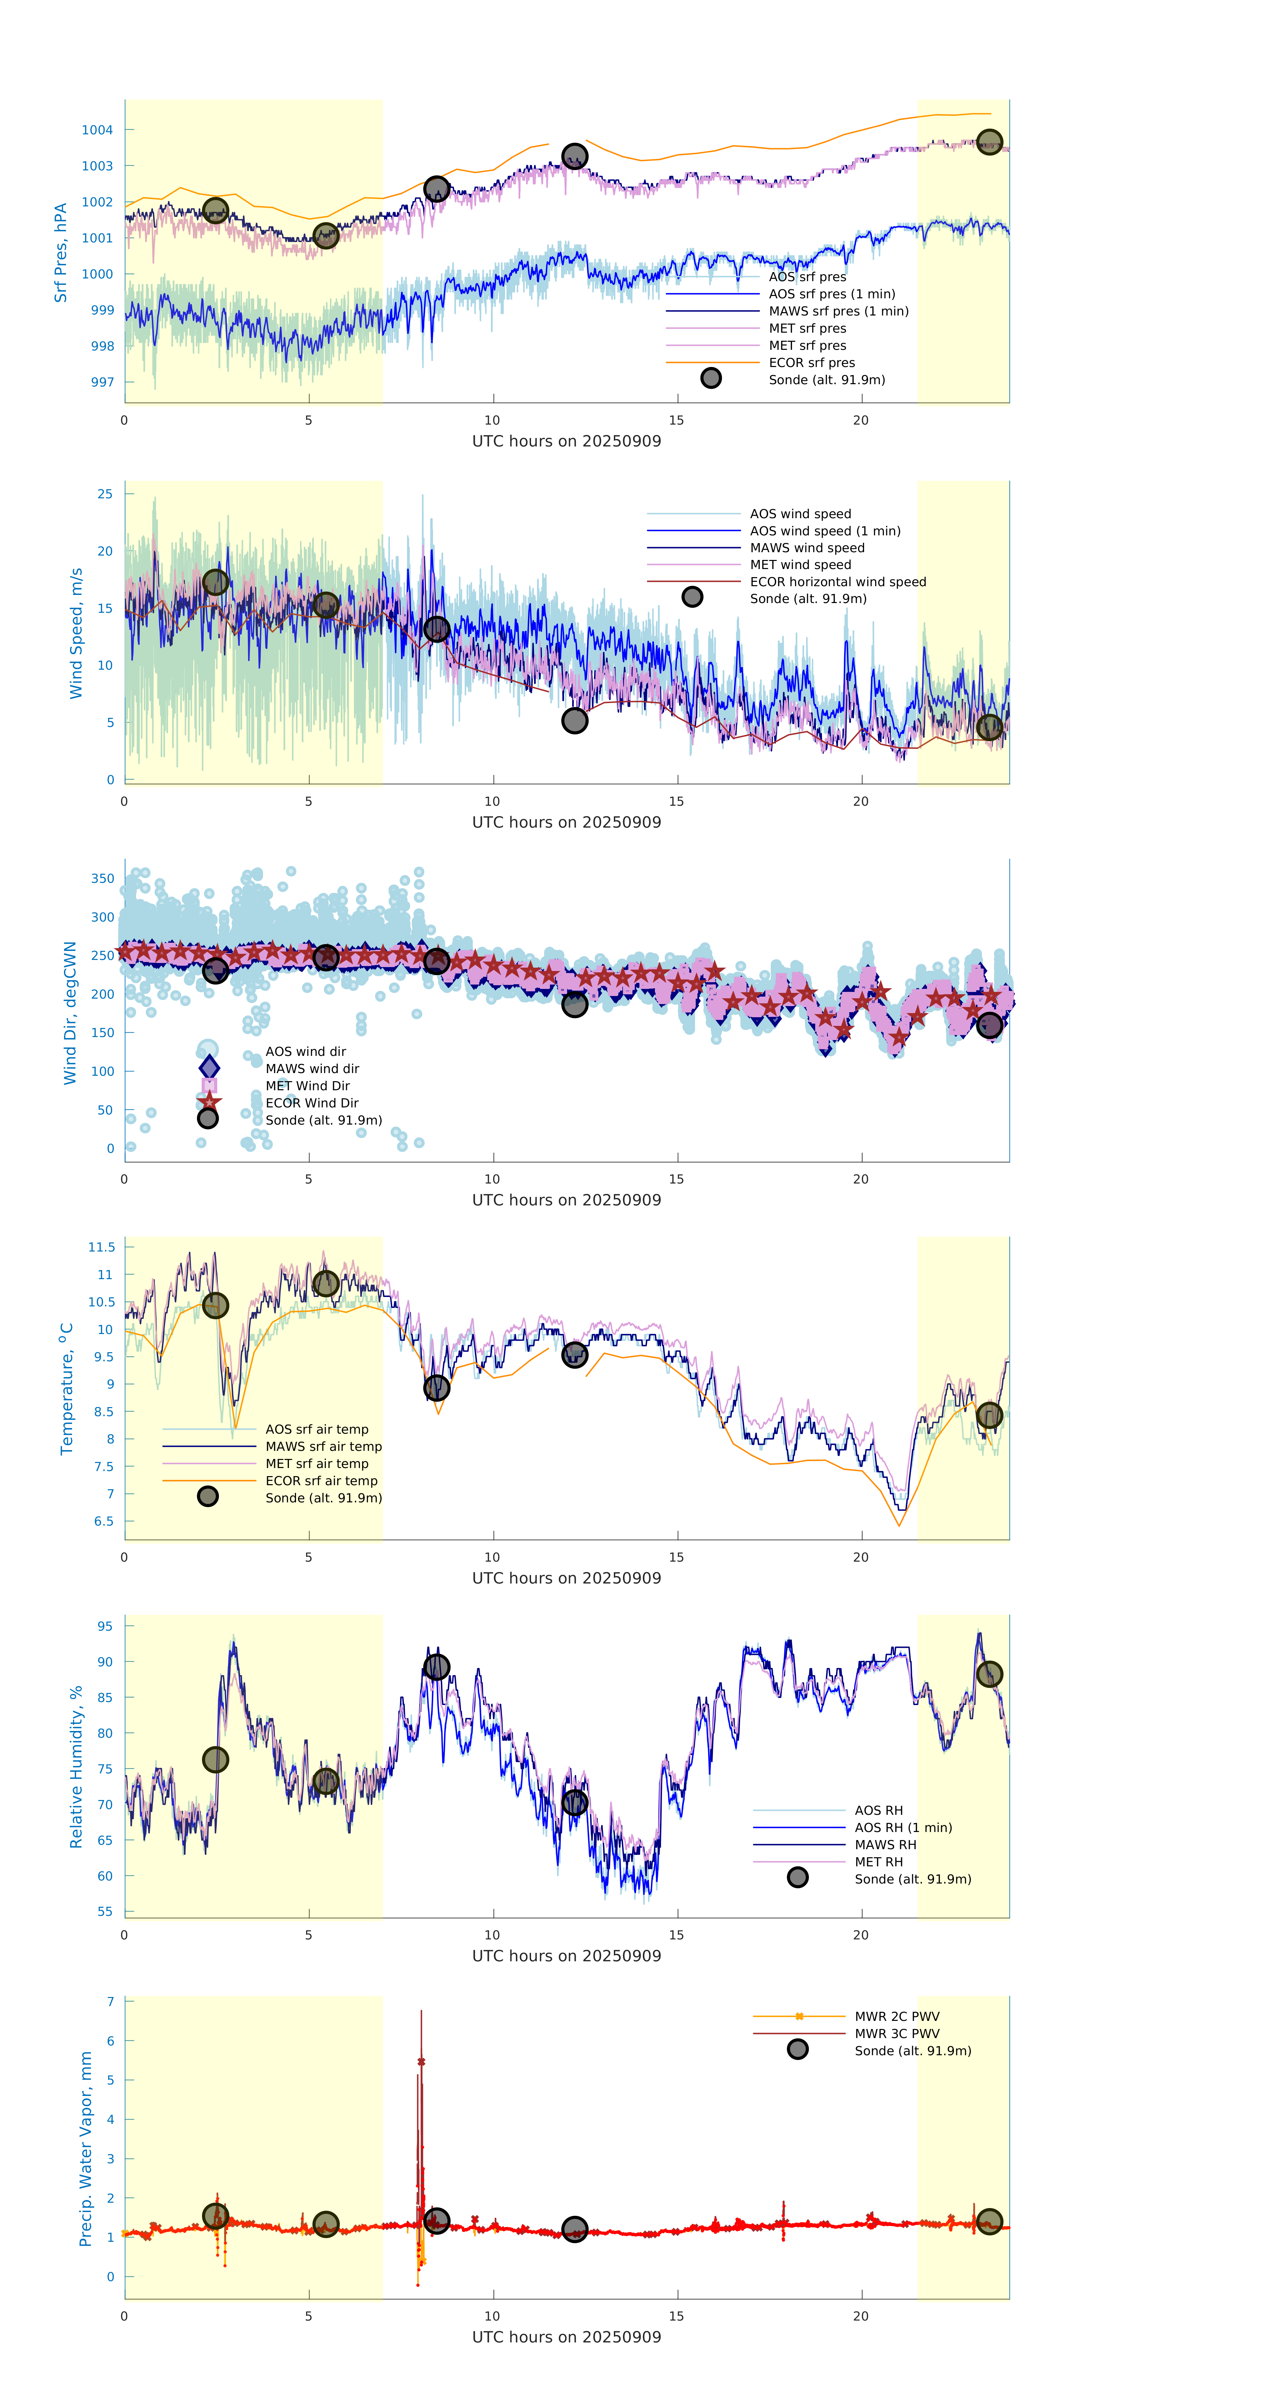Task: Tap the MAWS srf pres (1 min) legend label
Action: click(838, 311)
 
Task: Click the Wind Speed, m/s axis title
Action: click(76, 633)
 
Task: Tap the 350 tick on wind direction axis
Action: click(102, 878)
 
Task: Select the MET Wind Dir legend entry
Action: click(307, 1086)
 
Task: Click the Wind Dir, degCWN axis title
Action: click(70, 1012)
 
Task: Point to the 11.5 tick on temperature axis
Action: click(101, 1247)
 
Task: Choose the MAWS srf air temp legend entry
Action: click(323, 1446)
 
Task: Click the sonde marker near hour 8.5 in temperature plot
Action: click(436, 1388)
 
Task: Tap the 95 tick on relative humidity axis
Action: click(105, 1626)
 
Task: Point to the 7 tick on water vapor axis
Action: click(111, 2001)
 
